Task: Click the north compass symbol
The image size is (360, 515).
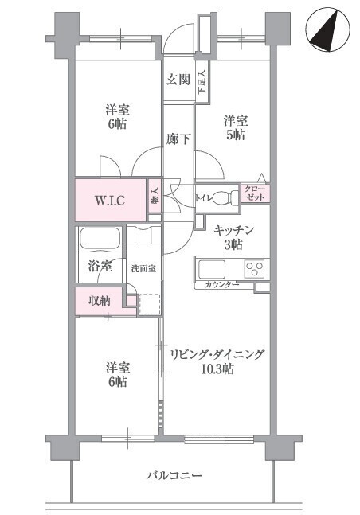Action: pyautogui.click(x=327, y=30)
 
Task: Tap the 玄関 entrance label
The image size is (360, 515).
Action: pyautogui.click(x=178, y=79)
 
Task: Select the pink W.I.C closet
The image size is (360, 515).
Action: pyautogui.click(x=111, y=200)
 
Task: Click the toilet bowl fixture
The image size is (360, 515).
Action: pyautogui.click(x=225, y=197)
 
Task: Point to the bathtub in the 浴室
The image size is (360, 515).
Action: pyautogui.click(x=100, y=238)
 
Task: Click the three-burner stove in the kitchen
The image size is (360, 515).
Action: pyautogui.click(x=255, y=268)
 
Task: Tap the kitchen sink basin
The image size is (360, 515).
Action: pyautogui.click(x=212, y=269)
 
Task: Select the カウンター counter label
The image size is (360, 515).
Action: pyautogui.click(x=222, y=284)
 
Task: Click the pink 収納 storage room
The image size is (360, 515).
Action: pyautogui.click(x=100, y=301)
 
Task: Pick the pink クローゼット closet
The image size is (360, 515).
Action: pyautogui.click(x=256, y=193)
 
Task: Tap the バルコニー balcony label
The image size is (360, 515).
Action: pyautogui.click(x=174, y=475)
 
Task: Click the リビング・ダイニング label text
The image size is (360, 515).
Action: pyautogui.click(x=217, y=354)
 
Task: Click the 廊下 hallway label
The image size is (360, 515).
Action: pyautogui.click(x=178, y=139)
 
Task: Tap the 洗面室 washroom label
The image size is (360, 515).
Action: pyautogui.click(x=143, y=268)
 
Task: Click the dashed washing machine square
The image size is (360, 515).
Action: pyautogui.click(x=150, y=305)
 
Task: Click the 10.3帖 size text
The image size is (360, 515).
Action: pyautogui.click(x=217, y=369)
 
